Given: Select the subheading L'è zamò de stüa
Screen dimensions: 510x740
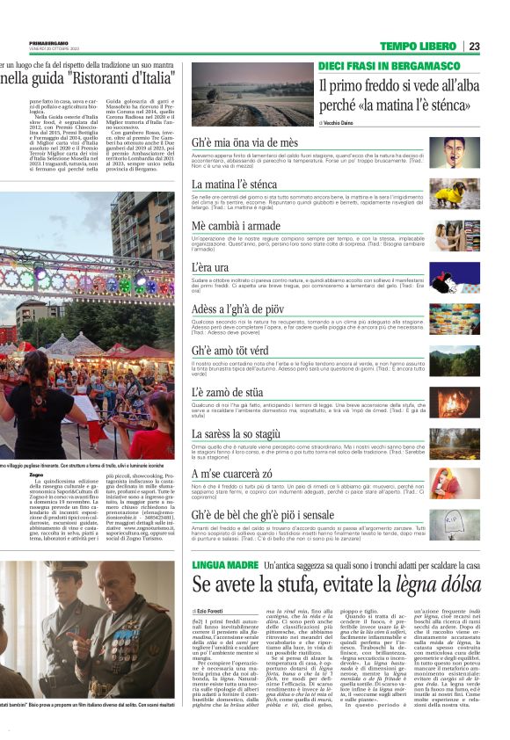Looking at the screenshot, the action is click(228, 391).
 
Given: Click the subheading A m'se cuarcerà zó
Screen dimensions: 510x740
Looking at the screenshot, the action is click(232, 474).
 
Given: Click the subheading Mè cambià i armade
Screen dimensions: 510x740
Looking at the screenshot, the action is click(237, 226).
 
